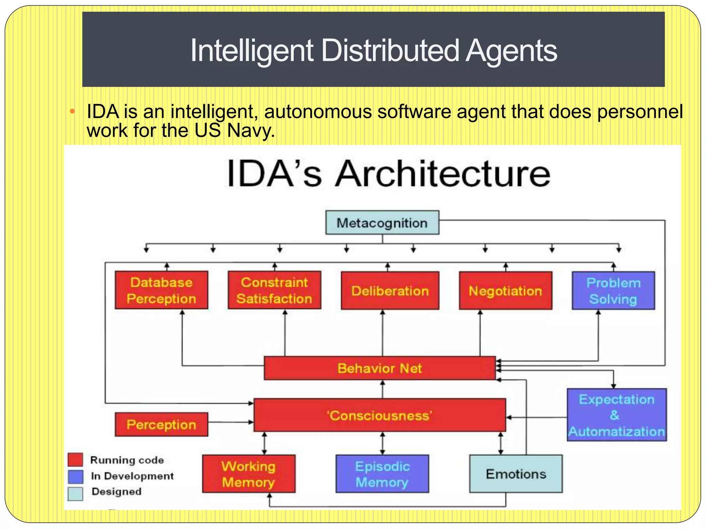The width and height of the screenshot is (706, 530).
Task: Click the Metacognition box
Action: click(382, 223)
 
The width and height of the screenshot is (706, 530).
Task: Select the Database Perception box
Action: click(161, 290)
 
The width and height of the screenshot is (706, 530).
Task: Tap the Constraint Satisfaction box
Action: click(274, 290)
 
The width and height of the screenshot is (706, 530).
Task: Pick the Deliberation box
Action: click(390, 291)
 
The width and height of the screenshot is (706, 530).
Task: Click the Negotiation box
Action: click(505, 291)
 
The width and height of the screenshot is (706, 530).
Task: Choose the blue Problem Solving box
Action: click(613, 291)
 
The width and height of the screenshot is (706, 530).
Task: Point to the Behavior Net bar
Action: click(380, 368)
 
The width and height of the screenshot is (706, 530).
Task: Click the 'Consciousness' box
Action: click(380, 415)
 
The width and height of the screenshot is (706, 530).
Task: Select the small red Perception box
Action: click(161, 424)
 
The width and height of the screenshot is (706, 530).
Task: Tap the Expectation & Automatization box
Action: click(617, 415)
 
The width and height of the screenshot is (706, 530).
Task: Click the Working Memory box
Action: click(249, 474)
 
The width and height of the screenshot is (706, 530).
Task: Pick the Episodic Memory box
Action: click(382, 474)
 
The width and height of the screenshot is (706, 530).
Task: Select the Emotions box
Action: click(516, 474)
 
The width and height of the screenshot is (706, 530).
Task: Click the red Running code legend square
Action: click(75, 460)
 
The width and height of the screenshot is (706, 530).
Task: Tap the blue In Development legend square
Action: click(75, 477)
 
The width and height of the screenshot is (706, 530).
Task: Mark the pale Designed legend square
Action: click(75, 493)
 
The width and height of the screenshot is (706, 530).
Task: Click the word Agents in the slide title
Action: click(511, 51)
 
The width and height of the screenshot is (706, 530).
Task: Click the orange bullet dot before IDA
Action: click(72, 111)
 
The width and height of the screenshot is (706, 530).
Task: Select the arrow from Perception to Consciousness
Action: click(230, 422)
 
